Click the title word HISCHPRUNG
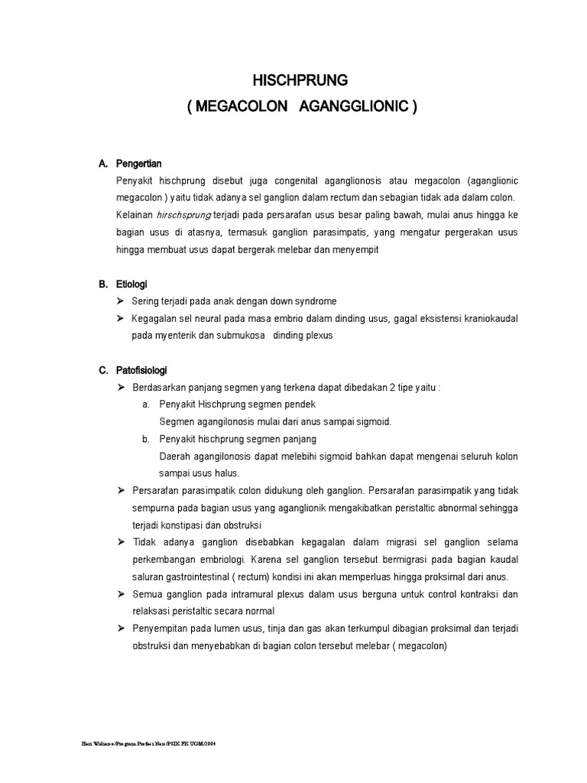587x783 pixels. (x=300, y=79)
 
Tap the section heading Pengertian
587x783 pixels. (x=139, y=164)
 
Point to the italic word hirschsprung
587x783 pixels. (x=182, y=216)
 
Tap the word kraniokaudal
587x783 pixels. (x=489, y=318)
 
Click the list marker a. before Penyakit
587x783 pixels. (x=145, y=404)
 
